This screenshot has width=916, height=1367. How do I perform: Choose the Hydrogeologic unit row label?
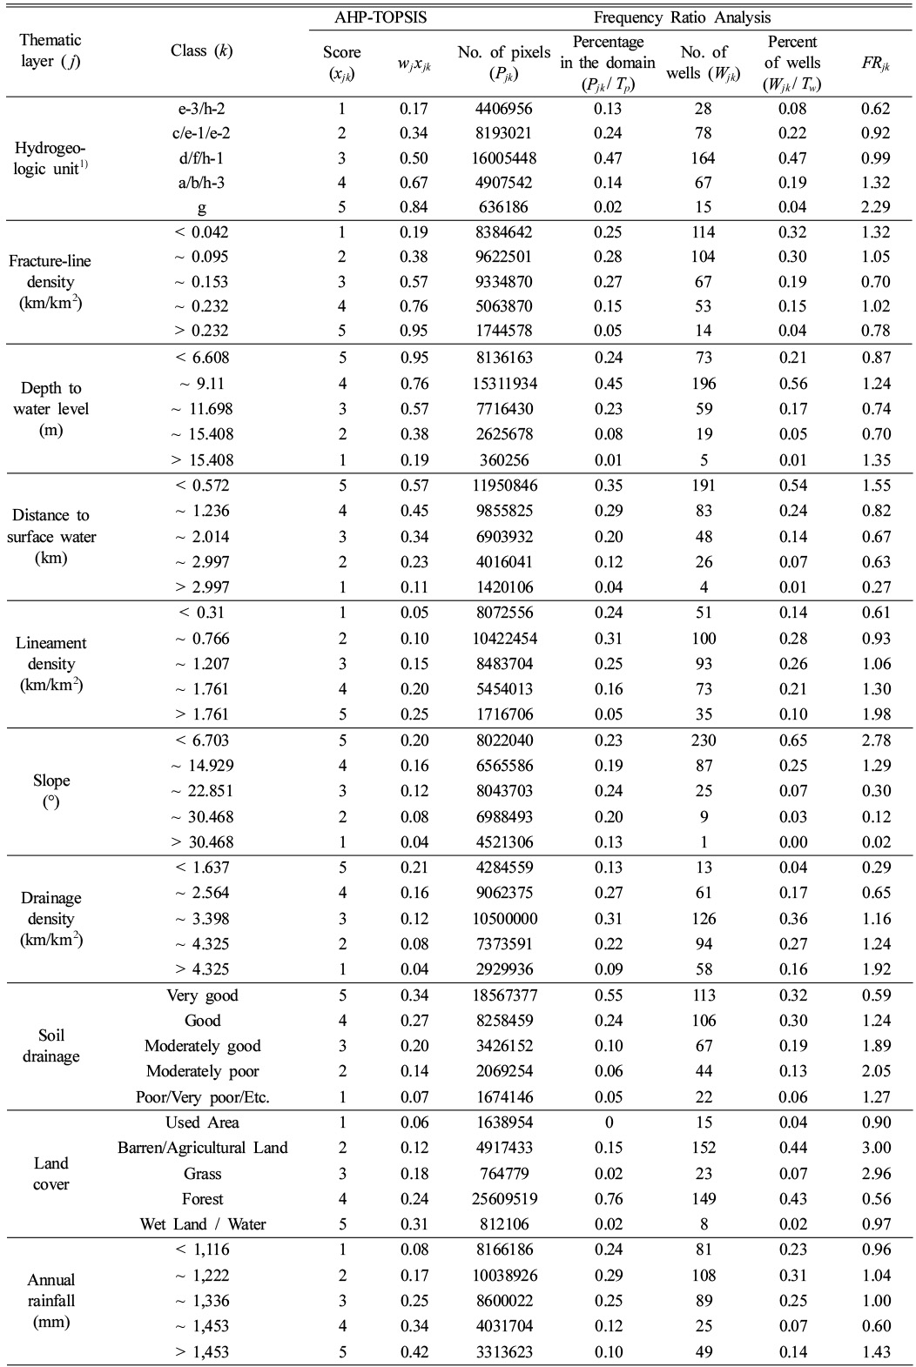pyautogui.click(x=51, y=158)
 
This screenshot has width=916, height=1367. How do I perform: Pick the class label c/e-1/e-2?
pyautogui.click(x=202, y=133)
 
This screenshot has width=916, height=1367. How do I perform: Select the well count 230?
pyautogui.click(x=704, y=740)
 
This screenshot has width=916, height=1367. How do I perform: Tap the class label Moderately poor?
pyautogui.click(x=202, y=1071)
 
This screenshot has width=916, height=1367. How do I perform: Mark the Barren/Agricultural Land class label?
pyautogui.click(x=202, y=1148)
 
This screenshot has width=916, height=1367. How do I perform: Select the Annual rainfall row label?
pyautogui.click(x=51, y=1301)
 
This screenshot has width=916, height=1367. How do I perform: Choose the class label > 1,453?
pyautogui.click(x=202, y=1352)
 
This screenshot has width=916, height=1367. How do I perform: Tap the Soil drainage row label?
pyautogui.click(x=51, y=1046)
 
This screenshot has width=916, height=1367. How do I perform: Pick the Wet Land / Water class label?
pyautogui.click(x=202, y=1224)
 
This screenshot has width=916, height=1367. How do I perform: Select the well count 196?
pyautogui.click(x=704, y=384)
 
